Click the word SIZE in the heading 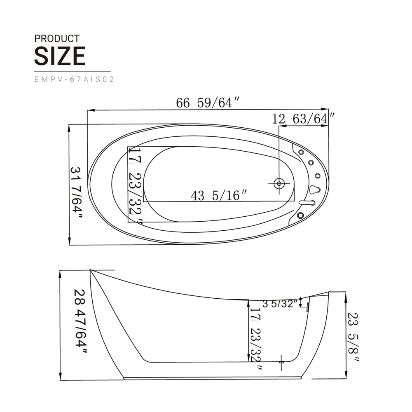click(x=60, y=56)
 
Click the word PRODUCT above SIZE click(x=57, y=39)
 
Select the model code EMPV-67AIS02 click(x=74, y=80)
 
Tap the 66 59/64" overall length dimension click(x=208, y=103)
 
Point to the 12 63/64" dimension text click(x=303, y=119)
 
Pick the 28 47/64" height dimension click(x=81, y=321)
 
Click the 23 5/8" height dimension click(x=353, y=337)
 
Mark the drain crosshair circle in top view click(x=279, y=183)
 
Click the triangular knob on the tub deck click(x=315, y=190)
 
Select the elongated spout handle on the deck click(x=307, y=202)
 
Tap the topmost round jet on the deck click(x=301, y=152)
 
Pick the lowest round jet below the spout click(x=300, y=215)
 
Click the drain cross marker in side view click(x=282, y=361)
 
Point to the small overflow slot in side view click(x=307, y=307)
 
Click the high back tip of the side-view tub click(x=91, y=271)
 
